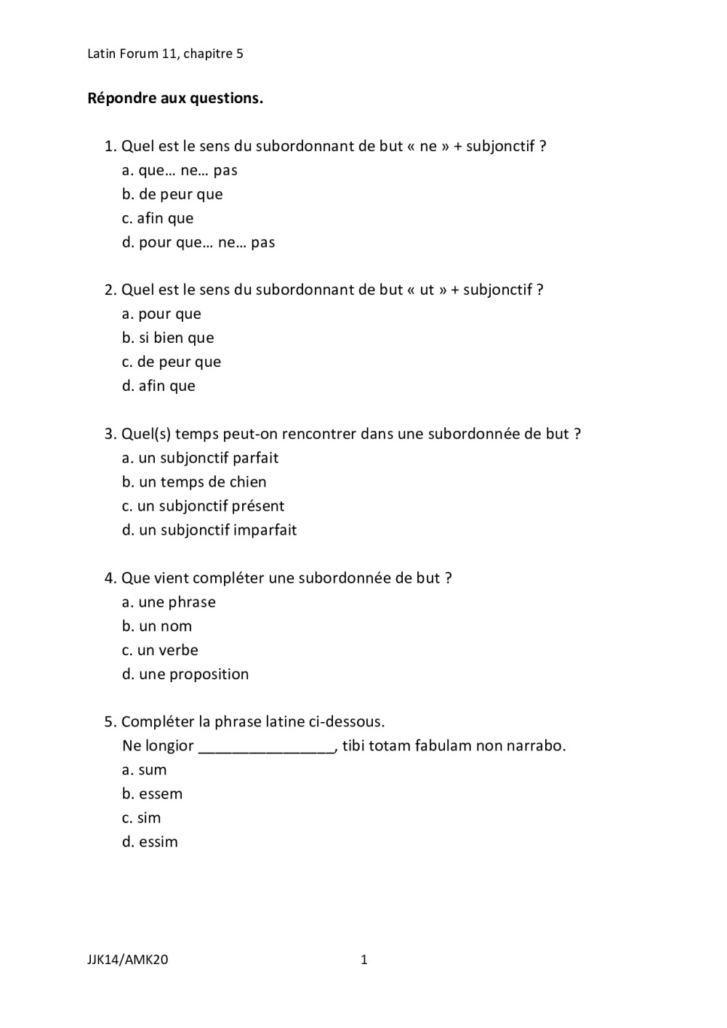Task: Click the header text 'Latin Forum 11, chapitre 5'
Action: tap(165, 54)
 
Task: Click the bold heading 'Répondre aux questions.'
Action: tap(175, 98)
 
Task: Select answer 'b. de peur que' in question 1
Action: tap(172, 194)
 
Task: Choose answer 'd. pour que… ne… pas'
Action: tap(198, 242)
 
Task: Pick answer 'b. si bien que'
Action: tap(168, 338)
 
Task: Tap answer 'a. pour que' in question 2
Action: tap(161, 314)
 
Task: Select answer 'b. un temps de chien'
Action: tap(194, 482)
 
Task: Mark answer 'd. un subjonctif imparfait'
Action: tap(209, 530)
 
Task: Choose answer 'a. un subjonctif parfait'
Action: tap(200, 458)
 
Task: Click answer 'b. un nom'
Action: tap(157, 626)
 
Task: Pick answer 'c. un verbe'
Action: tap(160, 649)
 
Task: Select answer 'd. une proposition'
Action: tap(185, 673)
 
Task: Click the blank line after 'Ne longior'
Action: tap(266, 747)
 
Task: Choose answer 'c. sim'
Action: tap(141, 817)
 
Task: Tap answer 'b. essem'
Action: tap(152, 793)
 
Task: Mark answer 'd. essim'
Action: tap(150, 841)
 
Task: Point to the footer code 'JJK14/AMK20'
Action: tap(128, 960)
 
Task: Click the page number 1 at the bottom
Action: tap(364, 960)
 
